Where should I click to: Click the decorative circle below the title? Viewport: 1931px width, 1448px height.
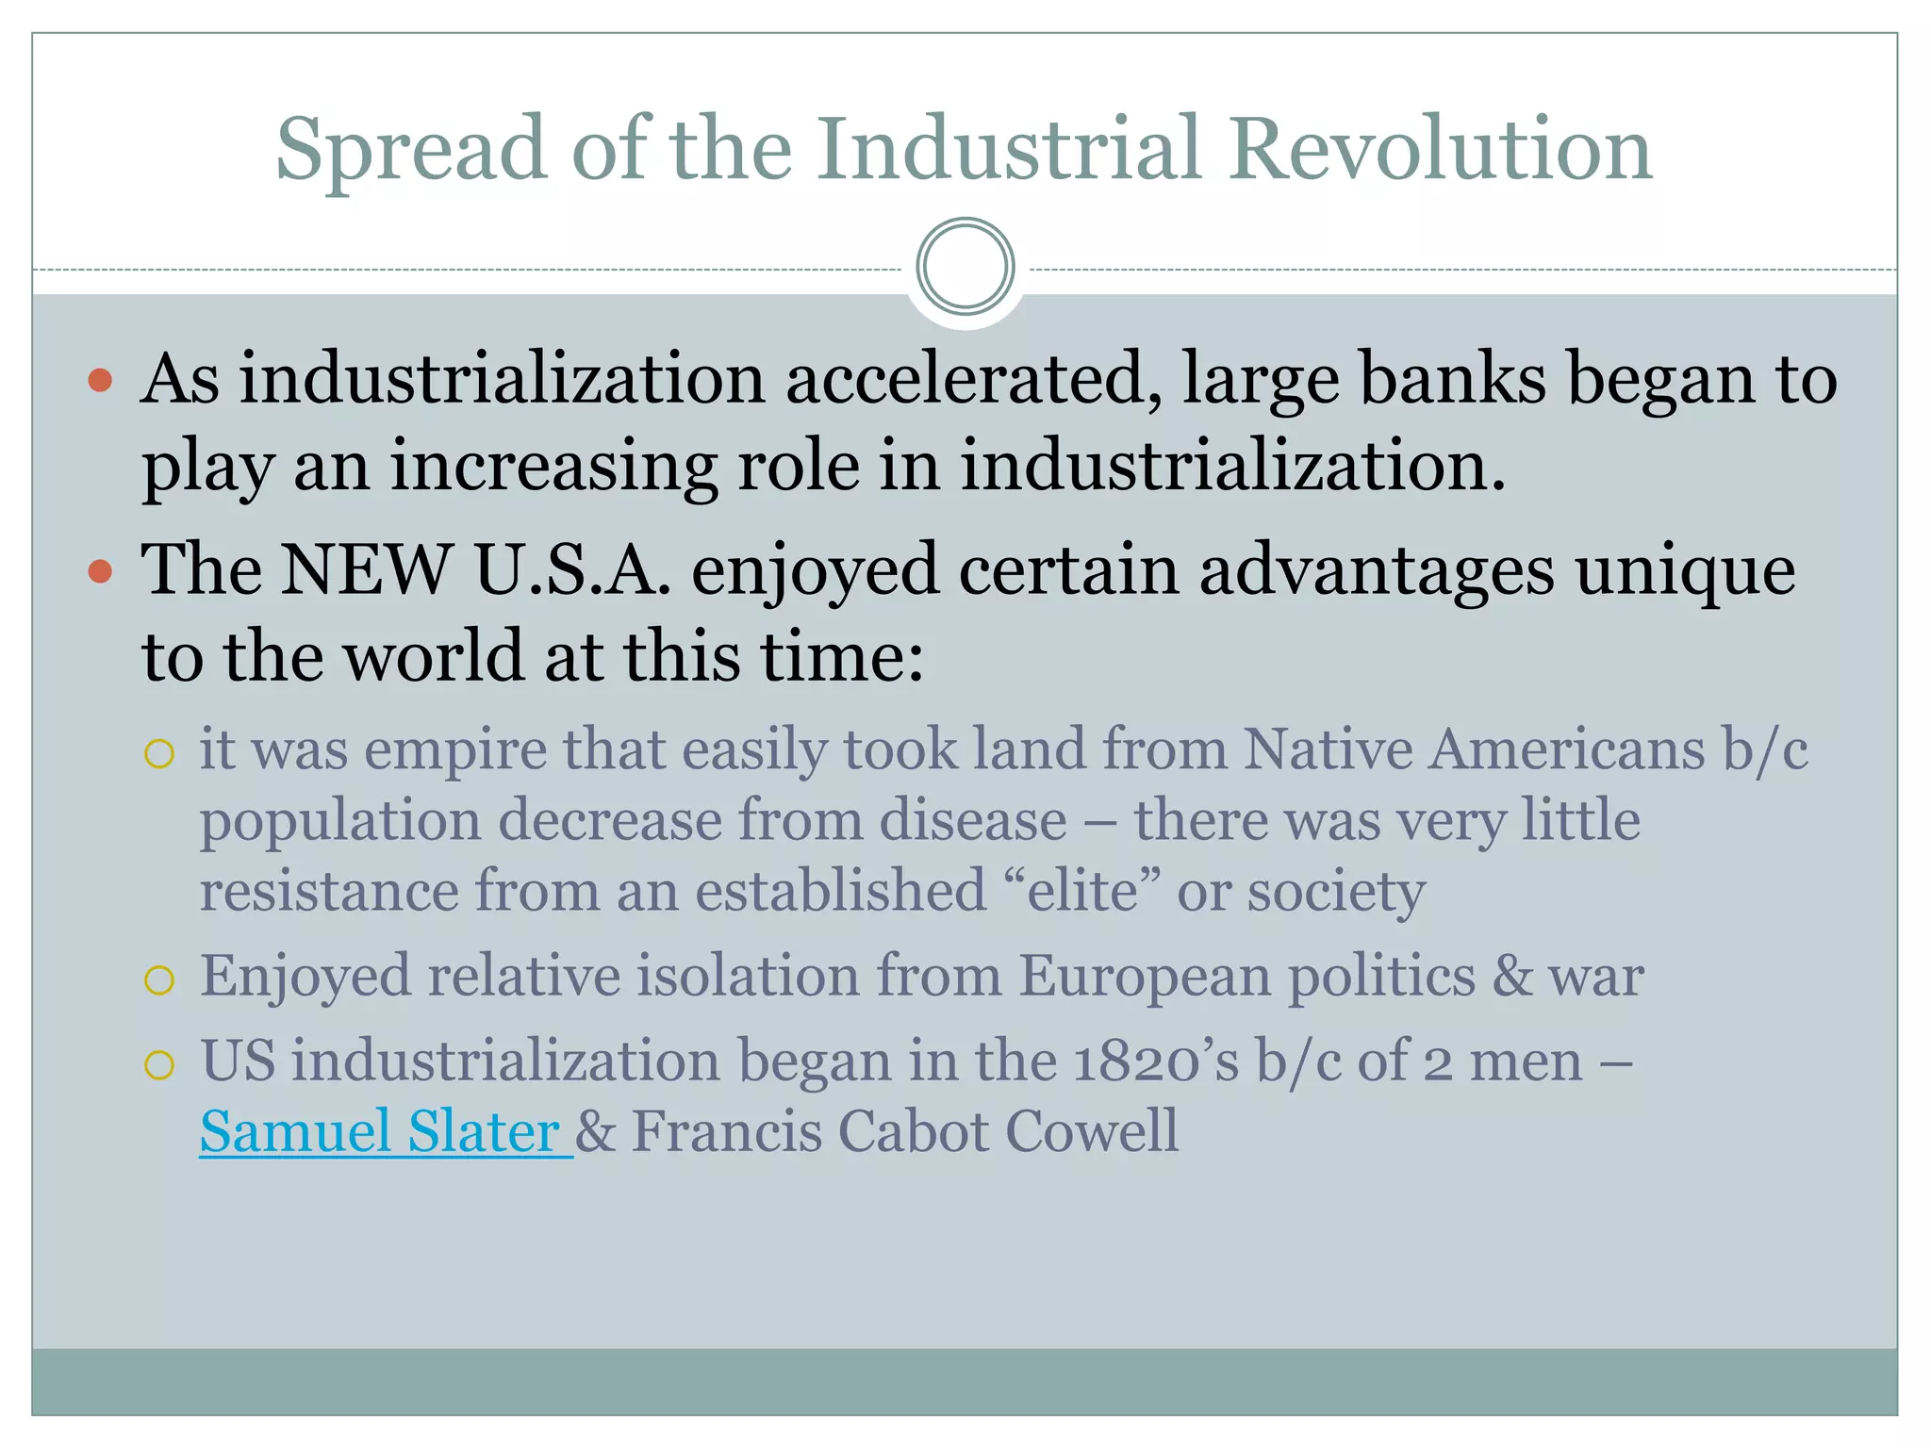965,267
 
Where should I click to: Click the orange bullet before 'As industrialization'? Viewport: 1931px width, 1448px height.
100,381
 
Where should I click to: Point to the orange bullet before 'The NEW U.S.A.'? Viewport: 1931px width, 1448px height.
100,571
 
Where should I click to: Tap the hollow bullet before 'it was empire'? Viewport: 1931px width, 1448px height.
159,754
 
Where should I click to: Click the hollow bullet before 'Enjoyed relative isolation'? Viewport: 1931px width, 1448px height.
159,980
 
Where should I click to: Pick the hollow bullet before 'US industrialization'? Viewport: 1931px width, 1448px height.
159,1065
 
